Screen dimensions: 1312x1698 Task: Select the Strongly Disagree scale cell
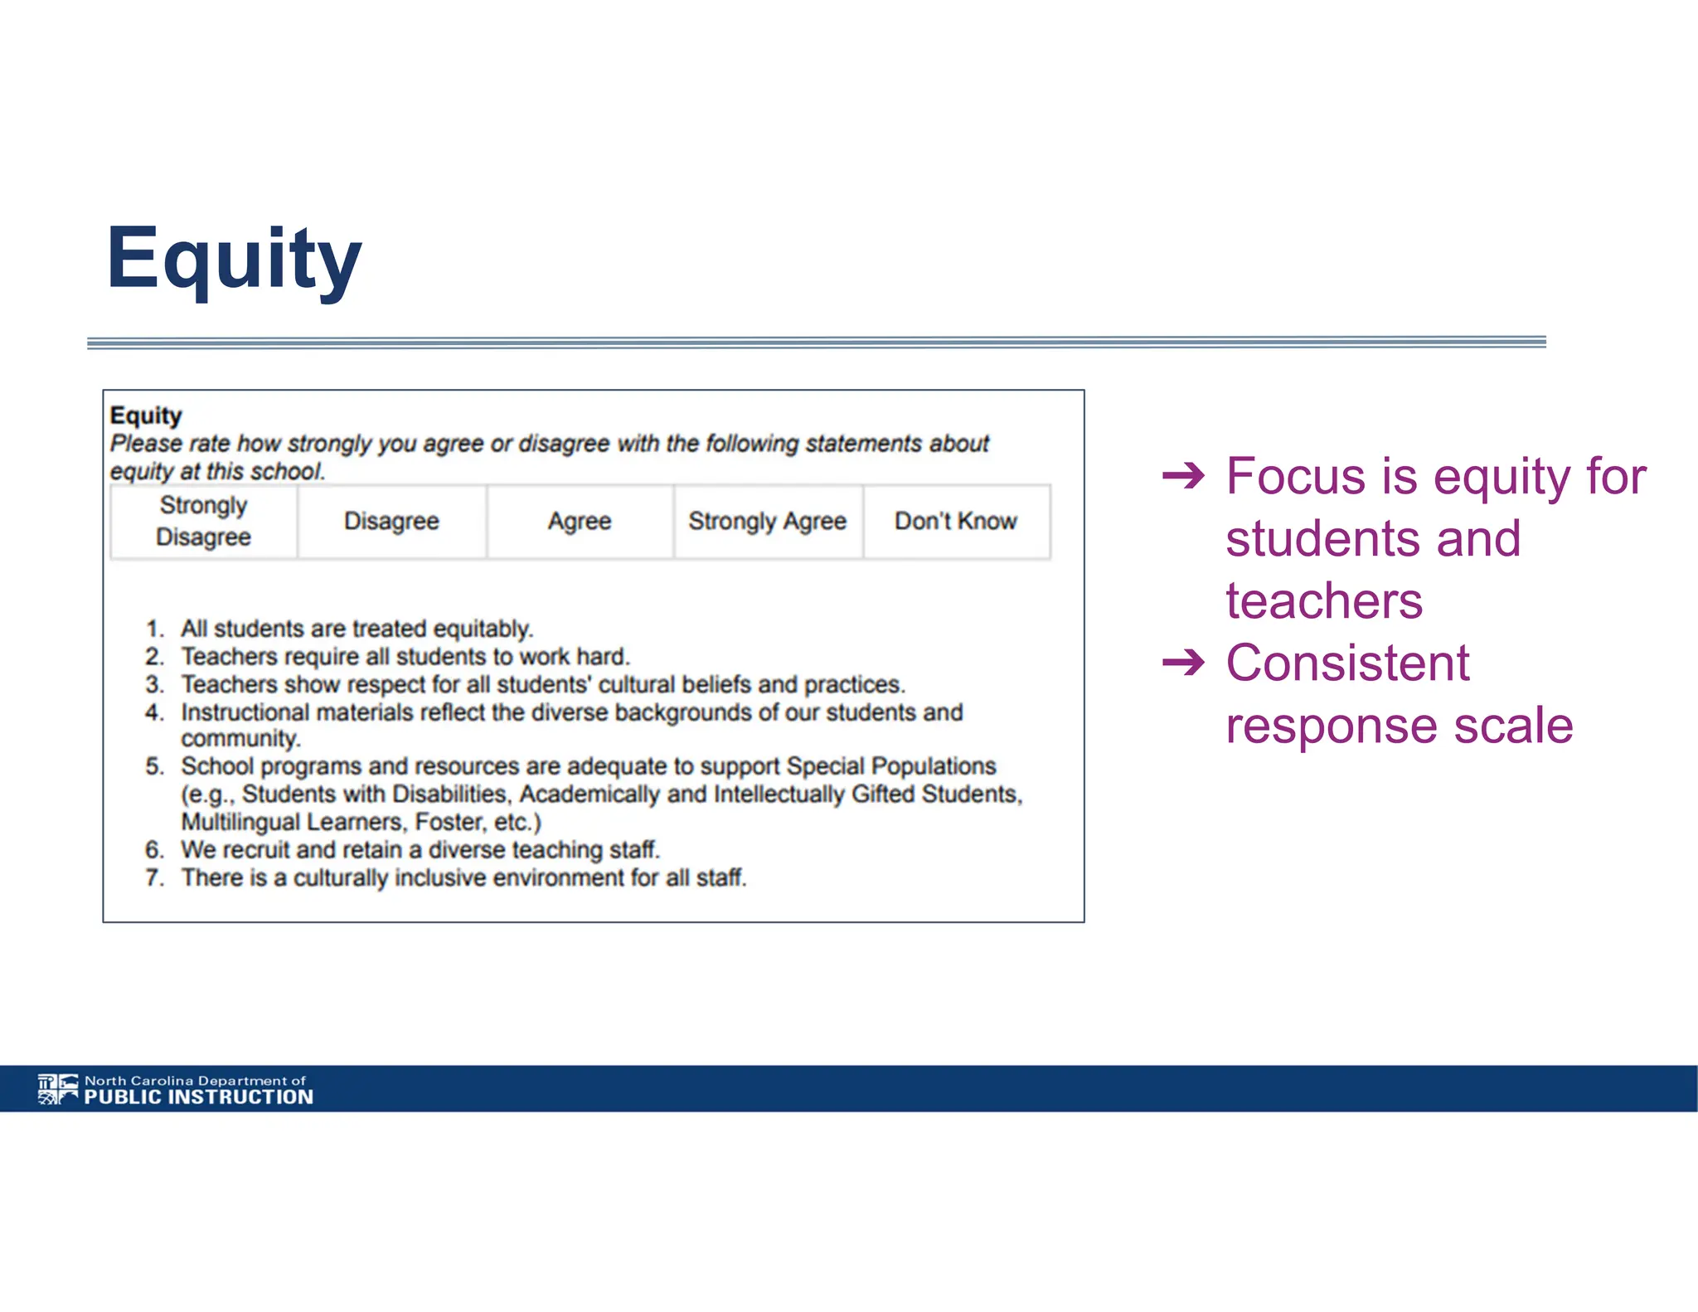[x=203, y=521]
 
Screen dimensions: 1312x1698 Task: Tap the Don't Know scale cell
[x=956, y=521]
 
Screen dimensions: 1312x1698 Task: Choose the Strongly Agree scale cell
[x=767, y=521]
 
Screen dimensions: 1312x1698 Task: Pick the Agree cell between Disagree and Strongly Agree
[x=580, y=521]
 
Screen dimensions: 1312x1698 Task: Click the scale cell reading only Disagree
[x=391, y=521]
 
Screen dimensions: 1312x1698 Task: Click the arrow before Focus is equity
[x=1183, y=476]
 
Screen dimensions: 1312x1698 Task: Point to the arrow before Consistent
[x=1183, y=663]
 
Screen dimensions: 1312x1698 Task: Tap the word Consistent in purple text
[x=1347, y=663]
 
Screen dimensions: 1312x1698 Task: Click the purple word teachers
[x=1324, y=600]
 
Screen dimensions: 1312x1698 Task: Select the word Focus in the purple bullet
[x=1296, y=476]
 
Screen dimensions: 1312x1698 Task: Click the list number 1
[x=154, y=629]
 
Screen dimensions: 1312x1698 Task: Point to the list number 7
[x=154, y=877]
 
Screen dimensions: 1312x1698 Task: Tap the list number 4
[x=154, y=712]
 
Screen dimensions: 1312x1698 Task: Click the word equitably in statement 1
[x=483, y=629]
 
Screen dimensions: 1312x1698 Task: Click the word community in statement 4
[x=240, y=738]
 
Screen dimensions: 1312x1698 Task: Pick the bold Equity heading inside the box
[x=146, y=415]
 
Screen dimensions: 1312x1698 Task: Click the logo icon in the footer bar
[x=58, y=1089]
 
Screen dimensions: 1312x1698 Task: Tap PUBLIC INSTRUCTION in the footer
[x=199, y=1097]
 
